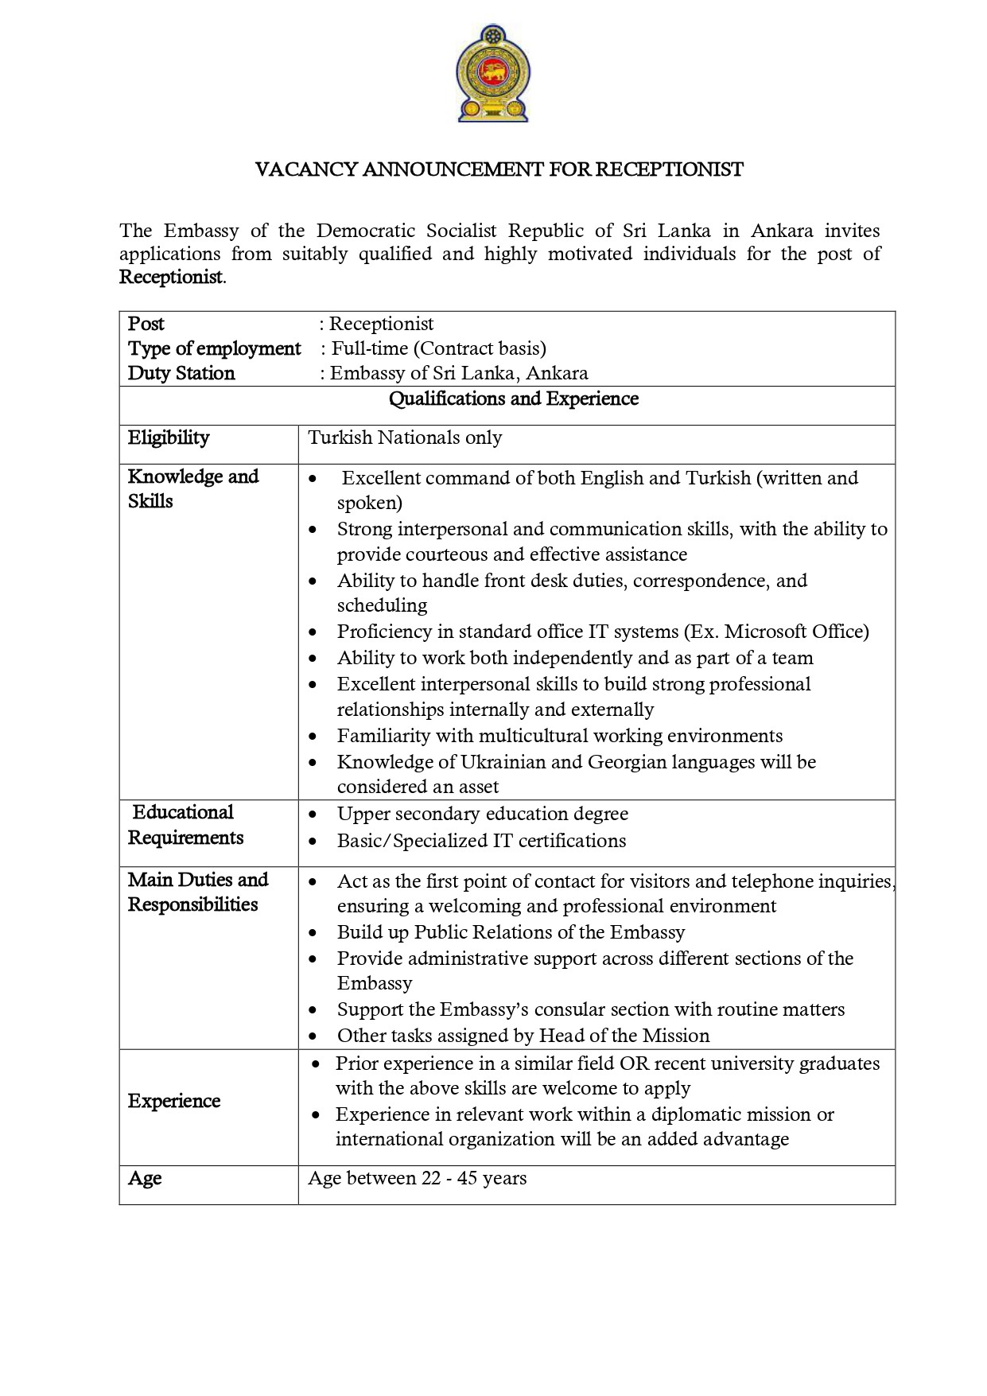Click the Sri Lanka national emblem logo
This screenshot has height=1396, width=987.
494,73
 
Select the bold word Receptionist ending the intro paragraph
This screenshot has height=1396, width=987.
171,278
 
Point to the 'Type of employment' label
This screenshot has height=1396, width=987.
214,348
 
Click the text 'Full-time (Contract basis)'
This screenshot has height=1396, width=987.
438,348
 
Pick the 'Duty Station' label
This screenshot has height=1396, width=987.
181,373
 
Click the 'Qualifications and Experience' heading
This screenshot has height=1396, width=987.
513,399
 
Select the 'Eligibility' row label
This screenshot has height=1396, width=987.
169,437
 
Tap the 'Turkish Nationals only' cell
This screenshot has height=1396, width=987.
405,437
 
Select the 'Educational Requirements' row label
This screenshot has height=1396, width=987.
185,825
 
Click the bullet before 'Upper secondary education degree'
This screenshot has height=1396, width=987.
315,815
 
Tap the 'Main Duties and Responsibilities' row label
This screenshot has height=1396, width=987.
197,892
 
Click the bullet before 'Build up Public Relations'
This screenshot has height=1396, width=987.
315,933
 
